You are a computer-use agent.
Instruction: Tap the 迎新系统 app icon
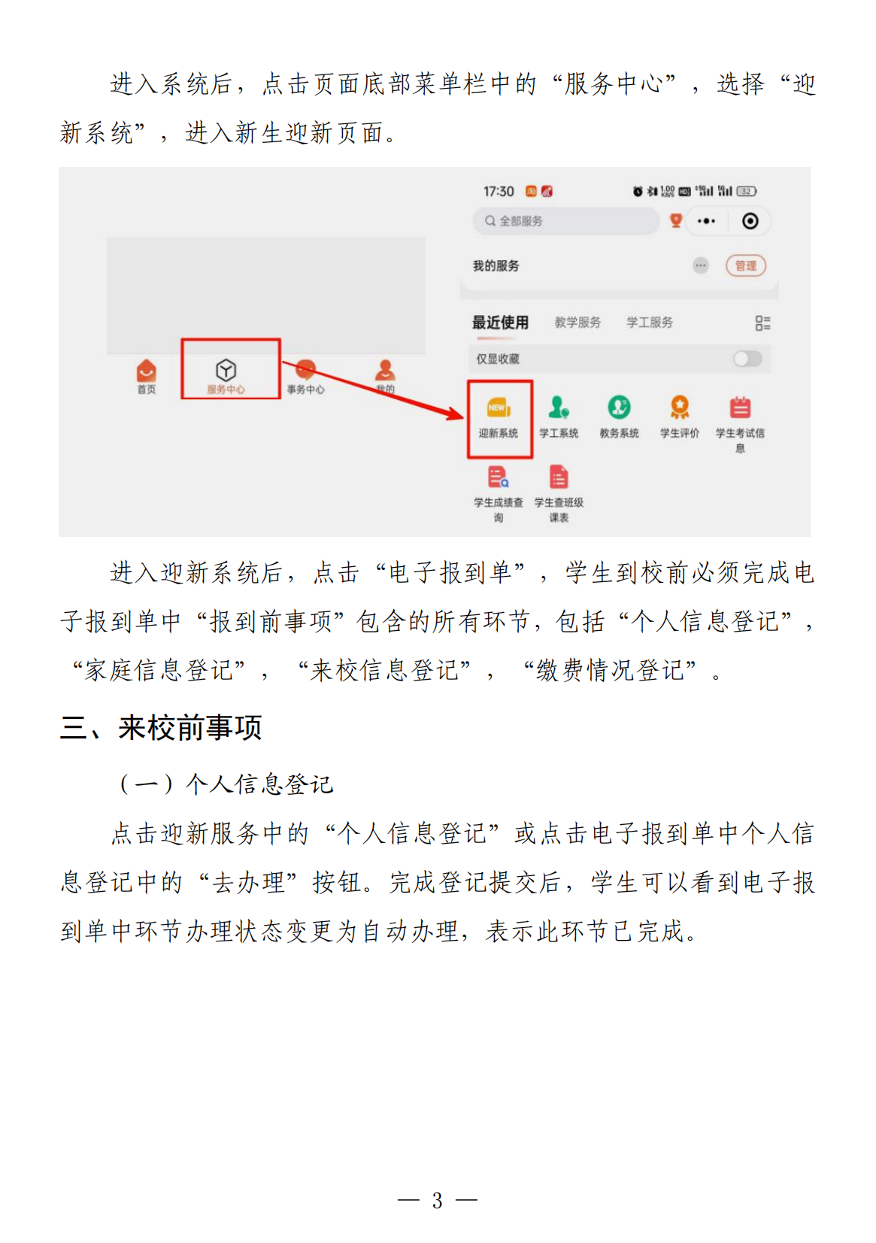pyautogui.click(x=499, y=408)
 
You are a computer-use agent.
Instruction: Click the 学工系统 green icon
pyautogui.click(x=558, y=408)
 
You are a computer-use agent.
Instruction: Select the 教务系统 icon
pyautogui.click(x=619, y=408)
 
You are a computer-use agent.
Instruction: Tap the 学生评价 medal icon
pyautogui.click(x=680, y=408)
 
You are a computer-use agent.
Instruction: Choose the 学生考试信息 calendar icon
pyautogui.click(x=740, y=408)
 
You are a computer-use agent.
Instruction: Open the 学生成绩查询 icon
pyautogui.click(x=498, y=477)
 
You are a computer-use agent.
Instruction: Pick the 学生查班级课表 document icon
pyautogui.click(x=559, y=477)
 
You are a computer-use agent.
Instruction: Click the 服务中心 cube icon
pyautogui.click(x=226, y=370)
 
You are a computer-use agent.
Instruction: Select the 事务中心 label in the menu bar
pyautogui.click(x=306, y=390)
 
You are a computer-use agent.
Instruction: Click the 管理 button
pyautogui.click(x=746, y=265)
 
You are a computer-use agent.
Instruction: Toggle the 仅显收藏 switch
pyautogui.click(x=747, y=359)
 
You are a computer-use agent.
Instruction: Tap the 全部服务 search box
pyautogui.click(x=566, y=221)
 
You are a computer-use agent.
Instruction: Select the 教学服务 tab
pyautogui.click(x=577, y=323)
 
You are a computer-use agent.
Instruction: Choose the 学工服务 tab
pyautogui.click(x=650, y=323)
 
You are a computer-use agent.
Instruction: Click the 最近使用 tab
pyautogui.click(x=501, y=323)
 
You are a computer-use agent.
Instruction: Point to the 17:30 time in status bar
pyautogui.click(x=499, y=192)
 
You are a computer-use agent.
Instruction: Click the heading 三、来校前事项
pyautogui.click(x=161, y=728)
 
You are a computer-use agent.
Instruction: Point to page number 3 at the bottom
pyautogui.click(x=437, y=1200)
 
